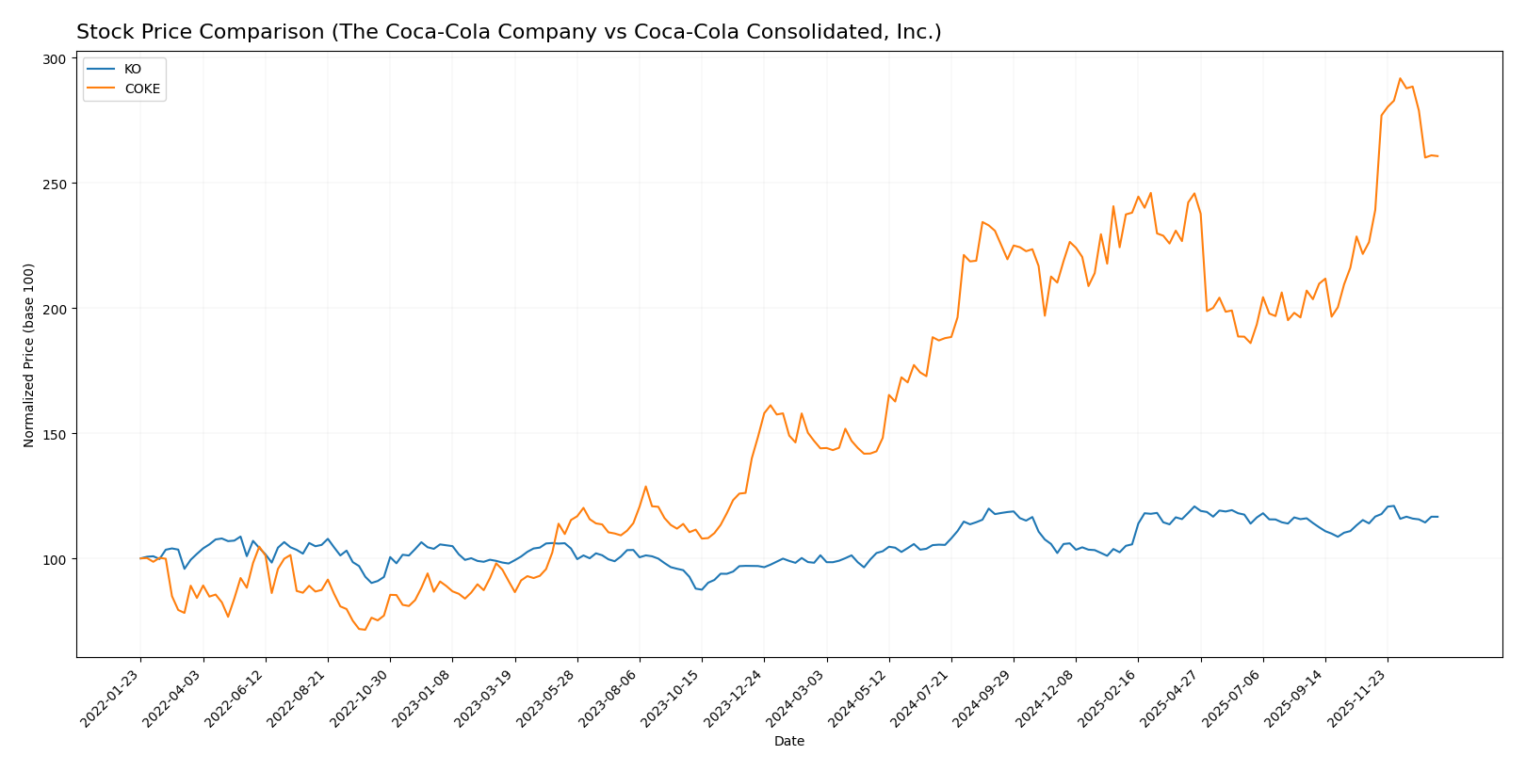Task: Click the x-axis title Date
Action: [788, 742]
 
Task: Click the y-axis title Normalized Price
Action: [29, 355]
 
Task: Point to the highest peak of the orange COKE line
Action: [1400, 79]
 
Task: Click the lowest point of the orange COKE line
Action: [365, 629]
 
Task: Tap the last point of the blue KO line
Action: [1437, 517]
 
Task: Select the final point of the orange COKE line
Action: [1437, 156]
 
